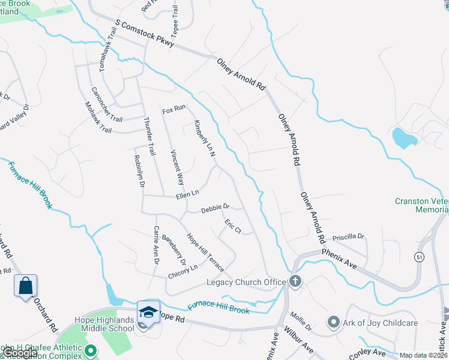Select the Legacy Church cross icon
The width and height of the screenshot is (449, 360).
click(295, 281)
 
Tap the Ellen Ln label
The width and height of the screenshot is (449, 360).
click(187, 194)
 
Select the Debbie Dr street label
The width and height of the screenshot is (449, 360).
click(215, 208)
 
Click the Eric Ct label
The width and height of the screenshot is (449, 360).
click(233, 227)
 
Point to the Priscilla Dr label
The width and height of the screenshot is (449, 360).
click(348, 236)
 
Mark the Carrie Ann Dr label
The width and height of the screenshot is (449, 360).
click(156, 245)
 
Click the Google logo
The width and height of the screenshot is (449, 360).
click(20, 353)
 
